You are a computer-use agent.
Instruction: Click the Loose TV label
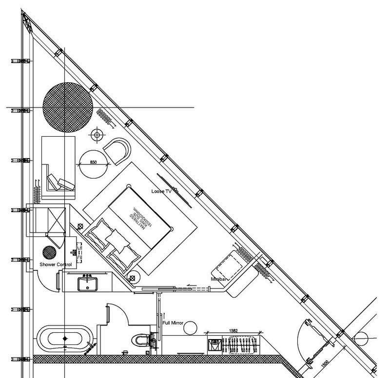pos(161,192)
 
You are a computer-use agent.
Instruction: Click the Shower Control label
pos(56,265)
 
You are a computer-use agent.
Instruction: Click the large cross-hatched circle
pos(68,108)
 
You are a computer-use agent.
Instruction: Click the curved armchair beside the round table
pos(117,151)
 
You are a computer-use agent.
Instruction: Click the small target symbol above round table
pos(97,134)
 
